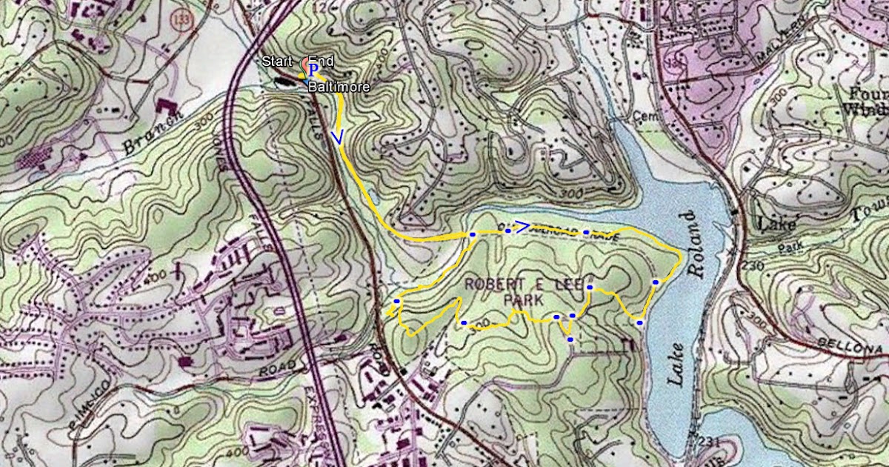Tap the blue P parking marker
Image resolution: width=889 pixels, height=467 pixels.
(x=313, y=69)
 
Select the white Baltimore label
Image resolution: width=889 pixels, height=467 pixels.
(x=340, y=87)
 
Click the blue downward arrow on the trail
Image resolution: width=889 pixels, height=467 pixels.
(x=339, y=137)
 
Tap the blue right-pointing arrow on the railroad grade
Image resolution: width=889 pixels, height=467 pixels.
(x=522, y=225)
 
